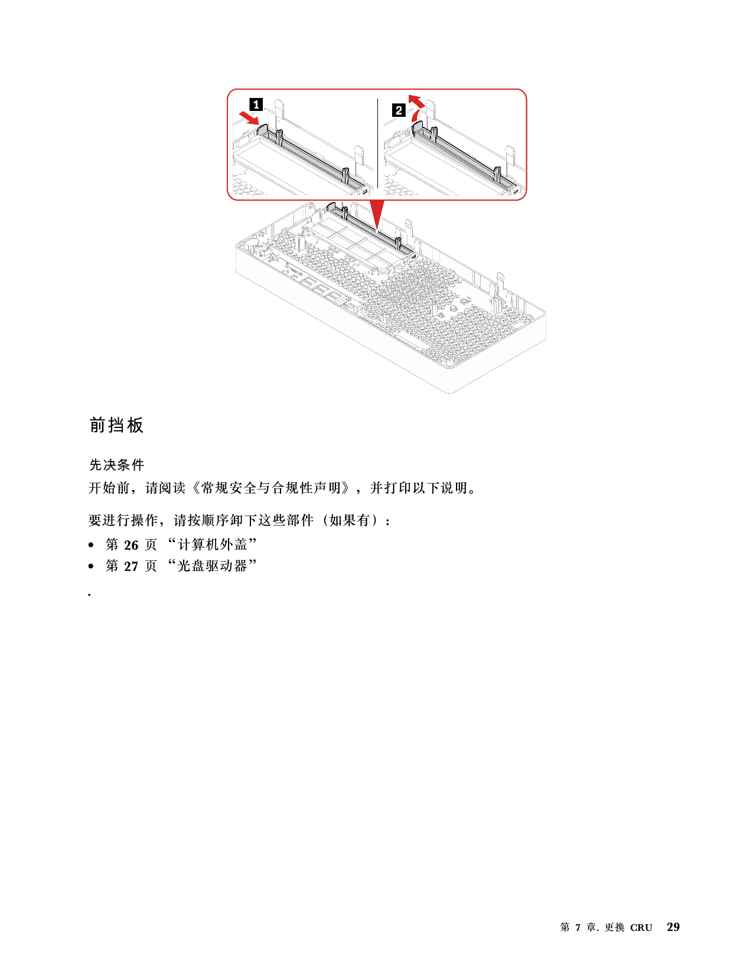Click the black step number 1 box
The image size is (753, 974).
pos(256,104)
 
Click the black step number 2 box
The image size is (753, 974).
pos(399,110)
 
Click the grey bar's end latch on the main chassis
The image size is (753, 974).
pos(331,207)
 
